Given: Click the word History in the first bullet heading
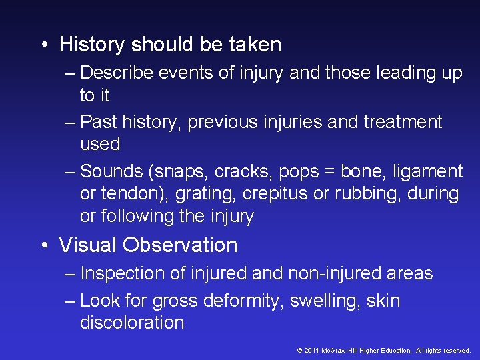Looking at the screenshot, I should [x=93, y=45].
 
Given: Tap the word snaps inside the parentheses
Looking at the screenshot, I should [x=181, y=171].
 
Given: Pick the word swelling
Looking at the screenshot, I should [x=326, y=301].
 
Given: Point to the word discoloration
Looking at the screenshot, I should [x=132, y=323].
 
